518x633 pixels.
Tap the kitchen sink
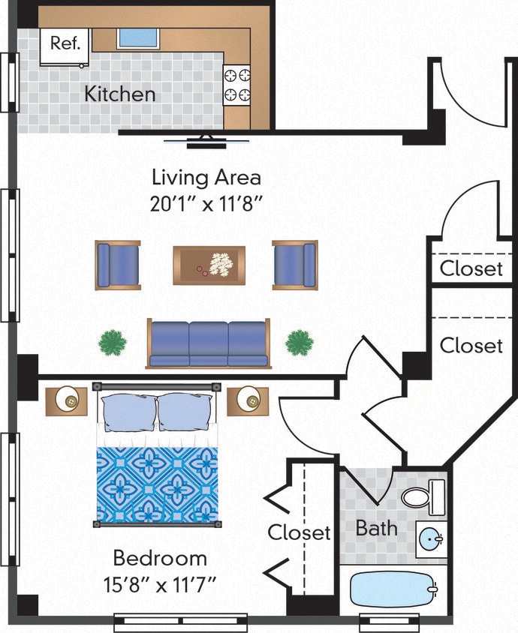click(137, 37)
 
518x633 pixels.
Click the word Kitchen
click(119, 94)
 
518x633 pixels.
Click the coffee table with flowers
click(209, 265)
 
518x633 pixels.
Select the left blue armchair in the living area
click(117, 265)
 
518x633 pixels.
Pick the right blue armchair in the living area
click(294, 265)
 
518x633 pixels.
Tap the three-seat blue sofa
click(208, 343)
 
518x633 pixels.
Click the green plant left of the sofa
click(113, 343)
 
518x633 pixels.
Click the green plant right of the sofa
click(299, 343)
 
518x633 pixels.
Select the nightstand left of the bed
click(67, 400)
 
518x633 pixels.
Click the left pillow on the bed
click(128, 412)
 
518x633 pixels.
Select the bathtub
click(393, 590)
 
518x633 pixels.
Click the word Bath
click(376, 528)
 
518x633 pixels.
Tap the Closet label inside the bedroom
click(300, 532)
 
